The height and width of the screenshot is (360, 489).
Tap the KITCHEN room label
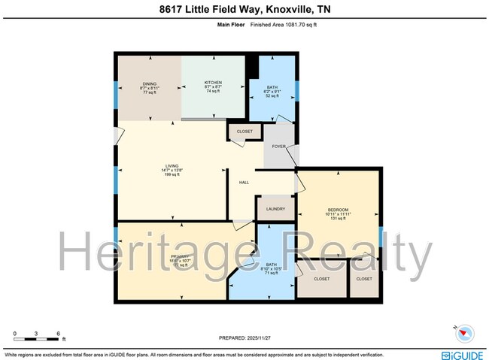point(214,82)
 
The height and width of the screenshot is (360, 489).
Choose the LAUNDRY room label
point(275,208)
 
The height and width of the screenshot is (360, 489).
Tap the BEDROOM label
point(339,210)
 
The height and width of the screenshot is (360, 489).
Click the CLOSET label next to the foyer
point(244,132)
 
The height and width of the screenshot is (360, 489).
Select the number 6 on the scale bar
point(58,332)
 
